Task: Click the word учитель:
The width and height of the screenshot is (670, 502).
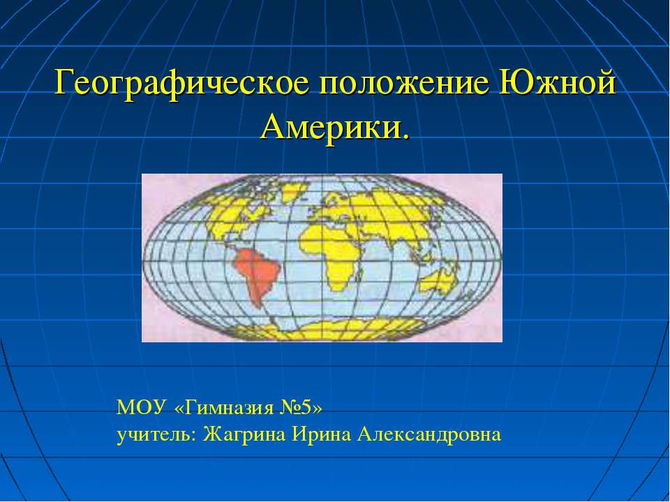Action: [157, 434]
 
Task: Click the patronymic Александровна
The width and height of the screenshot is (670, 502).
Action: [429, 434]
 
